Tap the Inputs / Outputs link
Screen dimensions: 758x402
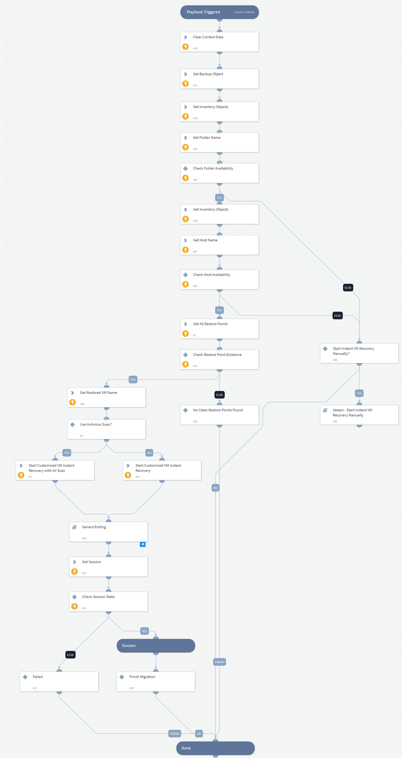click(x=244, y=12)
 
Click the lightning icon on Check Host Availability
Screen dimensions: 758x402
click(x=185, y=284)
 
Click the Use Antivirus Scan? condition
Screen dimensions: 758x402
click(x=106, y=429)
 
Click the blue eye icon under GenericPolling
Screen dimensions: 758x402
click(x=143, y=544)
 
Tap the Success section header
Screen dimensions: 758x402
click(x=156, y=646)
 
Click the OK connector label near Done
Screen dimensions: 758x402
click(x=199, y=734)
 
